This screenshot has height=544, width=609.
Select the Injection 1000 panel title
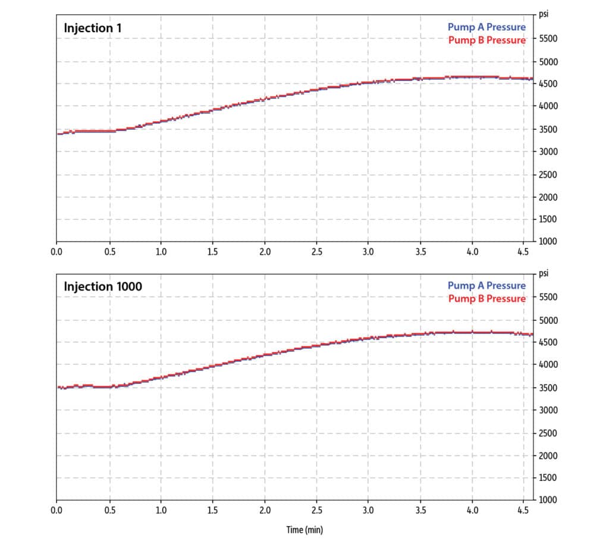(103, 287)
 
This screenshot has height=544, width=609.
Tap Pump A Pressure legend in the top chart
(486, 27)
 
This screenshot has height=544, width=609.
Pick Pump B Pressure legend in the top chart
(486, 40)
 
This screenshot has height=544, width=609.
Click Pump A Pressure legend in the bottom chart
(486, 286)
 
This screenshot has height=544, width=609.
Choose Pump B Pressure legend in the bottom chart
(486, 299)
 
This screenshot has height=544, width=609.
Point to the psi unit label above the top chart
(543, 13)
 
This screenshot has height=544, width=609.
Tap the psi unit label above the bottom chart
(543, 274)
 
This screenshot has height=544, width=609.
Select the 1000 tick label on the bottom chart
(548, 500)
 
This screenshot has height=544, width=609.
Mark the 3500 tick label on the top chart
(548, 129)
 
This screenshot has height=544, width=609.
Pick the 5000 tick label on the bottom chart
(548, 321)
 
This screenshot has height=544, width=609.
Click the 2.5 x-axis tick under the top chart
(316, 252)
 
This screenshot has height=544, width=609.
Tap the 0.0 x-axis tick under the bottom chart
(57, 510)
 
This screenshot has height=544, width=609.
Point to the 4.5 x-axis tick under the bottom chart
(524, 510)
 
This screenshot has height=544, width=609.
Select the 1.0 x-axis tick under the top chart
(161, 252)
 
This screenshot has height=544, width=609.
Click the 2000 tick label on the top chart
(548, 197)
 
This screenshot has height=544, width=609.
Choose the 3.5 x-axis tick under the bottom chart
(420, 510)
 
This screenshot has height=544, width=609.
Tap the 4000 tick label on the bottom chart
(548, 365)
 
